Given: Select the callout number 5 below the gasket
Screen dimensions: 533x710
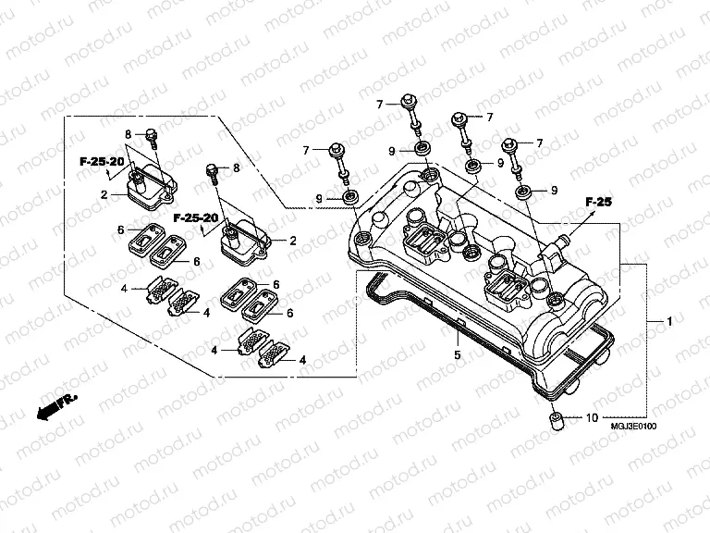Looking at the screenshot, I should point(456,353).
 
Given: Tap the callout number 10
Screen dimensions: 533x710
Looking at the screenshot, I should point(592,419).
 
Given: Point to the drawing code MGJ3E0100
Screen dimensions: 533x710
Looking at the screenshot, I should point(633,427).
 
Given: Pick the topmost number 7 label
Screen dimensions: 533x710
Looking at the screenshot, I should point(379,105).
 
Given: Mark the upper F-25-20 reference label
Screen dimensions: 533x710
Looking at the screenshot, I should point(101,162).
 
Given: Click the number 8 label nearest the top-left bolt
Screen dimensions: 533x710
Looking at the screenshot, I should point(129,134).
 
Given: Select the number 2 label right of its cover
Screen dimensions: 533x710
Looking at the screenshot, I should point(293,241).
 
